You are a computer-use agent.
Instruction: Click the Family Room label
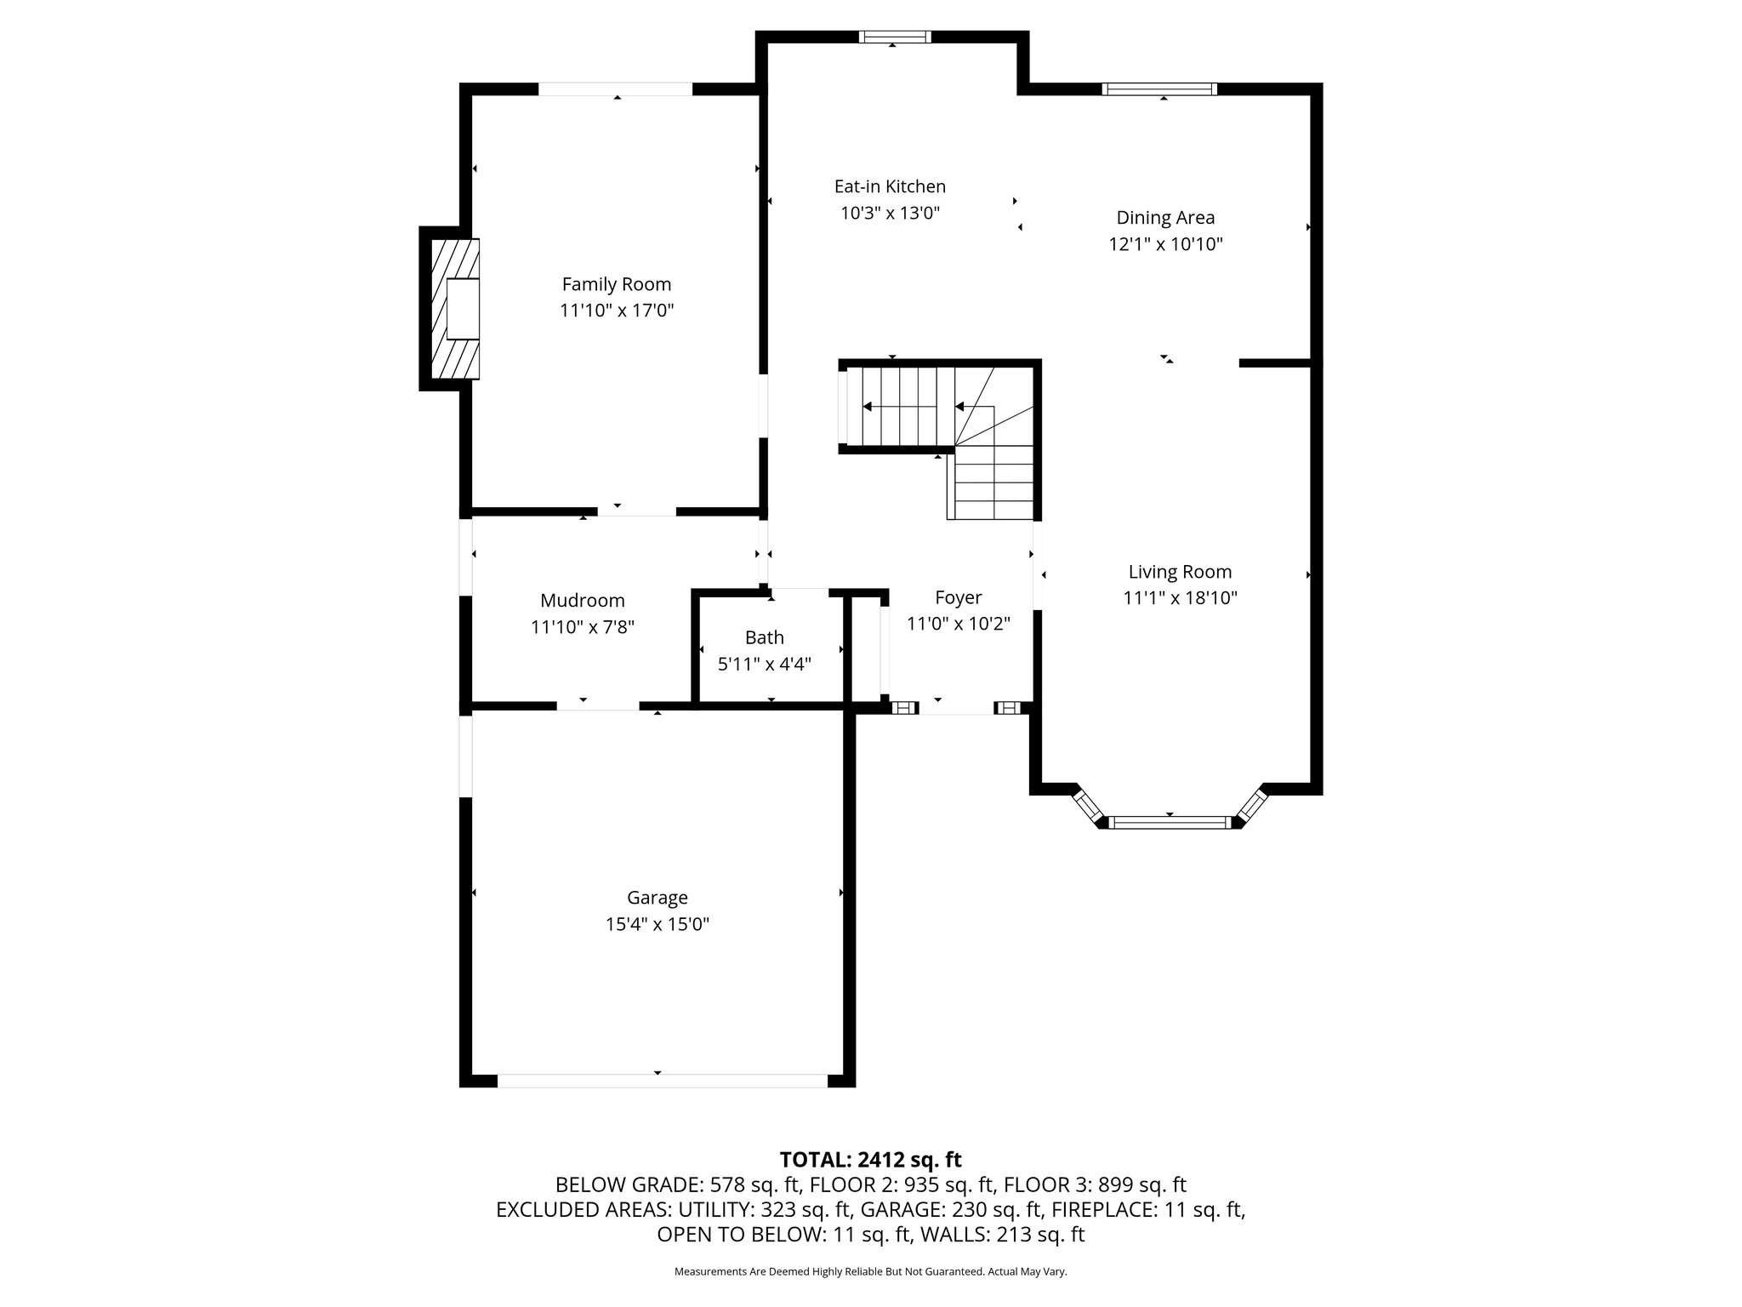coord(616,284)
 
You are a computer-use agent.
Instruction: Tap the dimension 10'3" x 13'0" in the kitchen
coord(890,213)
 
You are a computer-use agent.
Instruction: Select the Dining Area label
coord(1164,218)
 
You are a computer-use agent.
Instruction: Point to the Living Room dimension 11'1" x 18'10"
coord(1180,598)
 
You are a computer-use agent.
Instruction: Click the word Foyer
coord(958,597)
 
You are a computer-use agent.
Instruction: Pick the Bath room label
coord(764,637)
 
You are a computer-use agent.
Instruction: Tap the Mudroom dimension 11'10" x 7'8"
coord(583,627)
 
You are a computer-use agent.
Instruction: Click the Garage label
coord(657,898)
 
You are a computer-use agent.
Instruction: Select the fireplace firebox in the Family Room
coord(464,308)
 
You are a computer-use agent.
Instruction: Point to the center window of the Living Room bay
coord(1170,822)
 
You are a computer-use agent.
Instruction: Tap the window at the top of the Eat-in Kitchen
coord(894,37)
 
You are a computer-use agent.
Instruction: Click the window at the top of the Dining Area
coord(1159,89)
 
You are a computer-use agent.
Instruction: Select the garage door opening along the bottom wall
coord(662,1081)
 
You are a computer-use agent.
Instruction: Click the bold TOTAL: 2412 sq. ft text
coord(870,1160)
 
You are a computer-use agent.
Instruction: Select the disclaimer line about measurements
coord(870,1271)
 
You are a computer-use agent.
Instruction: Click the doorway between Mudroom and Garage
coord(598,705)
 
